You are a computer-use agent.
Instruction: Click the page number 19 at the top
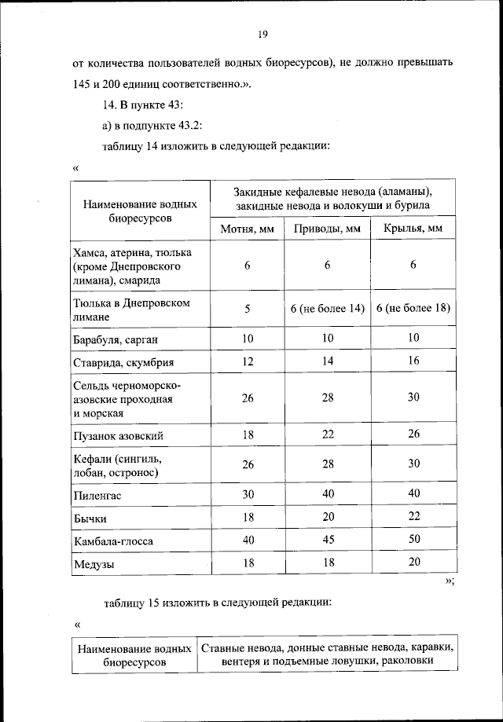click(263, 35)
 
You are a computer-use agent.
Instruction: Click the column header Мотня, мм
click(246, 229)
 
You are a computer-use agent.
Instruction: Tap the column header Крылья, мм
click(413, 229)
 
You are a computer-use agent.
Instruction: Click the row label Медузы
click(94, 566)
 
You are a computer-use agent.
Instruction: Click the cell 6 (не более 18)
click(413, 309)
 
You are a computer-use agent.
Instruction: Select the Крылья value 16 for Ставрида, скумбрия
click(413, 361)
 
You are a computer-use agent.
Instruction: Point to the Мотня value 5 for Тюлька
click(246, 309)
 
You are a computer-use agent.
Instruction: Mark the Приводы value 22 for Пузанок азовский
click(327, 434)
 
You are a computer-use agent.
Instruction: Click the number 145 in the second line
click(82, 84)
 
